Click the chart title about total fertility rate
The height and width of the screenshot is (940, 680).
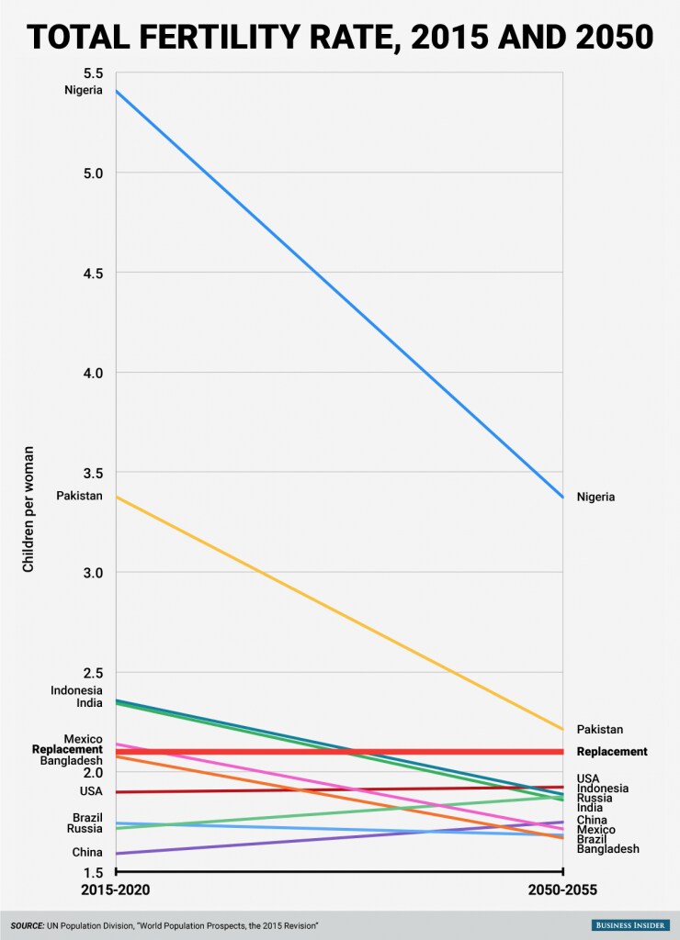pos(340,37)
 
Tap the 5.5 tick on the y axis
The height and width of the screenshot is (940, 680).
pos(92,73)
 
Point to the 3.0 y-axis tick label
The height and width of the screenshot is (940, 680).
pos(93,573)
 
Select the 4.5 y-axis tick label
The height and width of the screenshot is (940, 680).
pos(93,273)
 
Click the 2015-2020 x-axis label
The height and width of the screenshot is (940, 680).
pos(115,890)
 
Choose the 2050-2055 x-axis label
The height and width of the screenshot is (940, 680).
pos(562,890)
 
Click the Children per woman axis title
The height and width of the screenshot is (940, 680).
pos(28,509)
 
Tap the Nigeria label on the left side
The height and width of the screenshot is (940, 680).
pos(84,91)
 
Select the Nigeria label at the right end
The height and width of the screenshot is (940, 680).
pos(595,497)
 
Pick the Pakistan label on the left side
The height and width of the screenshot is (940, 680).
pos(79,496)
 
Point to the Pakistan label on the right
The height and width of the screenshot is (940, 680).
pos(599,730)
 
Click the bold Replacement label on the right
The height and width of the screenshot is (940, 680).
pos(612,752)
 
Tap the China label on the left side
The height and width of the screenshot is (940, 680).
pos(87,853)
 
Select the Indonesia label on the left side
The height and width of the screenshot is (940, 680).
pos(76,690)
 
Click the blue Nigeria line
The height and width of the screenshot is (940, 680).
pos(339,294)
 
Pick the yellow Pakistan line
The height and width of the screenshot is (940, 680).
pos(339,613)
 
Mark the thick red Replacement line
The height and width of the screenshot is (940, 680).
pos(339,752)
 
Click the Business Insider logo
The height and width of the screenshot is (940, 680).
pos(630,925)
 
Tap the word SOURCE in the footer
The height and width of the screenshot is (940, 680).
pos(27,925)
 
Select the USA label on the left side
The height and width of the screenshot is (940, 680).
pos(91,791)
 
